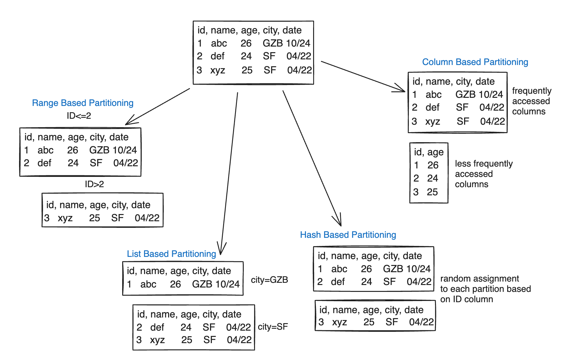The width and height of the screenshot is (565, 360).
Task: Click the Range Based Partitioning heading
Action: (82, 103)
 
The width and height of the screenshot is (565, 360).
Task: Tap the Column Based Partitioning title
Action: (475, 62)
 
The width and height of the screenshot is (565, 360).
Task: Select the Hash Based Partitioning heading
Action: (348, 235)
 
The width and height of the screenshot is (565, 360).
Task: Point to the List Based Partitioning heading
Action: (171, 254)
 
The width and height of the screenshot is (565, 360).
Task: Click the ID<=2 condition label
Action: (79, 116)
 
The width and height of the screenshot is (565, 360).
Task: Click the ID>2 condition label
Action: (94, 184)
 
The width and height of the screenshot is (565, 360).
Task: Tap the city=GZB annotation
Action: (269, 280)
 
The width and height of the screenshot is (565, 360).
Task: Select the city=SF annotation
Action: (272, 327)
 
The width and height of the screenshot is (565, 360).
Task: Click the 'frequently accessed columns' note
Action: (531, 101)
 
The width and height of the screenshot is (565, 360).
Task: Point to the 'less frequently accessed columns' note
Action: (483, 174)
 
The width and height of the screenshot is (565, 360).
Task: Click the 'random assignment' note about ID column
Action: (485, 289)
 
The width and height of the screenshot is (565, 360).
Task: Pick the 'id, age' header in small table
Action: (429, 152)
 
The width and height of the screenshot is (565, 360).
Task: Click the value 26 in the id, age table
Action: (433, 165)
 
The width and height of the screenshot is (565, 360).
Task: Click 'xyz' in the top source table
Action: (217, 70)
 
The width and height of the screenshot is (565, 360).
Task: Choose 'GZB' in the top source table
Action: (272, 43)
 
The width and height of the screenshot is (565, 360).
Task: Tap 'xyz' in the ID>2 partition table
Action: (65, 218)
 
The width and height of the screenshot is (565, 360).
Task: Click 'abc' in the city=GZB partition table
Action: (148, 284)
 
